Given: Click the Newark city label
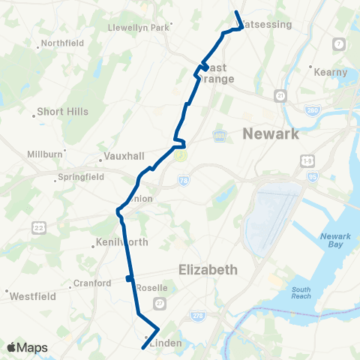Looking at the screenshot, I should click(x=271, y=134).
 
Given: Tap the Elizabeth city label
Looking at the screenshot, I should click(x=209, y=268).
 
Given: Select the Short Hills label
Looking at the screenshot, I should click(x=64, y=112).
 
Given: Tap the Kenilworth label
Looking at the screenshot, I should click(x=122, y=242).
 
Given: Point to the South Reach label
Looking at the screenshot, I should click(x=301, y=293).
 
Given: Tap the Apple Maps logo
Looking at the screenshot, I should click(x=27, y=347).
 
